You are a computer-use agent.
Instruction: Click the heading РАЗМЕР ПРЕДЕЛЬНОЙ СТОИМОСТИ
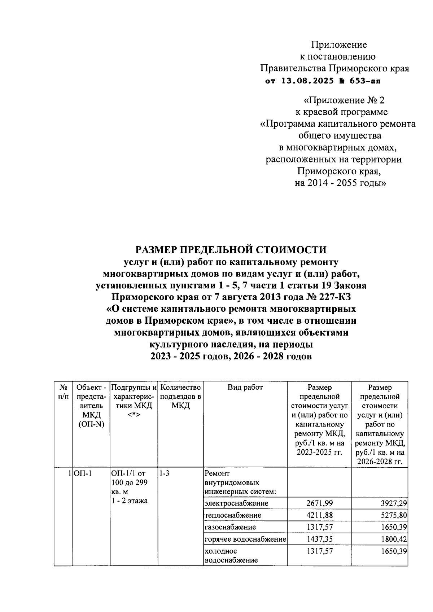point(231,250)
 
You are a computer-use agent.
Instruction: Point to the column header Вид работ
point(245,388)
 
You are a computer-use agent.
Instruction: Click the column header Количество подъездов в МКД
point(180,396)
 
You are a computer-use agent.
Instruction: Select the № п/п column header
point(63,392)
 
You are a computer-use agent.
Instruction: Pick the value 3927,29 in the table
point(393,503)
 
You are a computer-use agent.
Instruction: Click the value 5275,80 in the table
point(393,515)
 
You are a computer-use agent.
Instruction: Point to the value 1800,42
point(393,539)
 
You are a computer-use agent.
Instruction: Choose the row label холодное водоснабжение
point(231,556)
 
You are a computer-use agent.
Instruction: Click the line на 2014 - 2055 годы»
point(340,183)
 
